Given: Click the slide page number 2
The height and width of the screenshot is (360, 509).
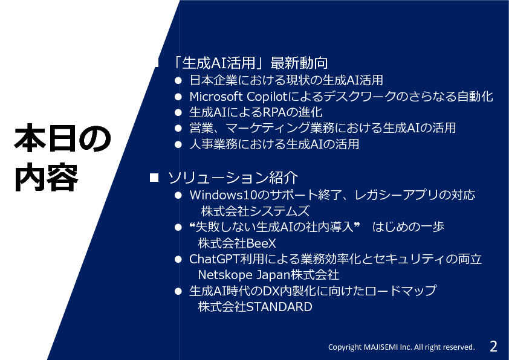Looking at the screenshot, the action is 493,346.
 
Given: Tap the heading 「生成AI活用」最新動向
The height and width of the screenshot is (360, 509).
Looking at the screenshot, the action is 249,63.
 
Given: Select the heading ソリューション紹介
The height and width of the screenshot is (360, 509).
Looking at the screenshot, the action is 233,178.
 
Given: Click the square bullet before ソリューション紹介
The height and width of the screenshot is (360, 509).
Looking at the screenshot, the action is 154,178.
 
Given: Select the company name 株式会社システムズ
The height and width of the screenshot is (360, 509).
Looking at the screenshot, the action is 255,211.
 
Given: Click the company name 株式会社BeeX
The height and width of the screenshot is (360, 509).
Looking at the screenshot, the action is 237,243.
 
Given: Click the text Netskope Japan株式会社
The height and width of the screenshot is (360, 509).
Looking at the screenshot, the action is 268,275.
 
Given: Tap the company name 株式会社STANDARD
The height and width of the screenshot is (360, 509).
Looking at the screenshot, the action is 255,306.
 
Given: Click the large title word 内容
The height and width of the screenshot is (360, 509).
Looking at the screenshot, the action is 47,178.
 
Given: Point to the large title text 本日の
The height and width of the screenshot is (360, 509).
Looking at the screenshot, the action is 63,138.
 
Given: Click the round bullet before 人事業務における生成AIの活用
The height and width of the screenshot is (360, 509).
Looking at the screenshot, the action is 178,144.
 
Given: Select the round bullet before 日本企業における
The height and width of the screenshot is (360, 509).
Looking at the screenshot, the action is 178,80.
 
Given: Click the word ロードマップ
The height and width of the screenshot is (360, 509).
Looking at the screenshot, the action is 401,291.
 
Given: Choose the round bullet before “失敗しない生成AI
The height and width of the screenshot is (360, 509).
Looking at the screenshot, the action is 178,227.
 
